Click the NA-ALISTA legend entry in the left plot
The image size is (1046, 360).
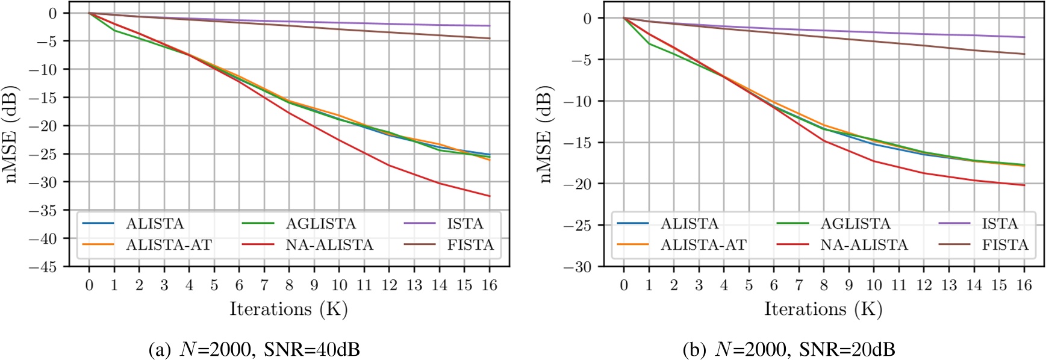pyautogui.click(x=329, y=245)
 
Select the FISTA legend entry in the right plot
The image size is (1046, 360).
pyautogui.click(x=1004, y=245)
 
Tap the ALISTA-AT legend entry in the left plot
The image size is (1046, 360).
pyautogui.click(x=169, y=245)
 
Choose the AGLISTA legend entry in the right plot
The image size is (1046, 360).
pyautogui.click(x=855, y=224)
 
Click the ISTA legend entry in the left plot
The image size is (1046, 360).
pyautogui.click(x=465, y=224)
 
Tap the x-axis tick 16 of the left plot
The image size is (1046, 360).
pyautogui.click(x=490, y=285)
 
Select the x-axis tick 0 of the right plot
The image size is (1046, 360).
pyautogui.click(x=624, y=285)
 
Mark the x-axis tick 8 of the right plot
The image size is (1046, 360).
pyautogui.click(x=824, y=285)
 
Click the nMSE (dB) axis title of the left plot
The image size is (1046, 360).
pyautogui.click(x=12, y=134)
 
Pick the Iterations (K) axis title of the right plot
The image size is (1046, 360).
pyautogui.click(x=823, y=309)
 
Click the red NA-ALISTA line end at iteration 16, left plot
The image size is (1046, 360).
pyautogui.click(x=490, y=196)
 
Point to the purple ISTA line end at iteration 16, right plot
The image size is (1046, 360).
pyautogui.click(x=1024, y=37)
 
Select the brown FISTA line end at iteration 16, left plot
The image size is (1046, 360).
pyautogui.click(x=490, y=39)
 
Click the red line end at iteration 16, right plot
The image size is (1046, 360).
pyautogui.click(x=1024, y=185)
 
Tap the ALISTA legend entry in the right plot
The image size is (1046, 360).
pyautogui.click(x=689, y=224)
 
